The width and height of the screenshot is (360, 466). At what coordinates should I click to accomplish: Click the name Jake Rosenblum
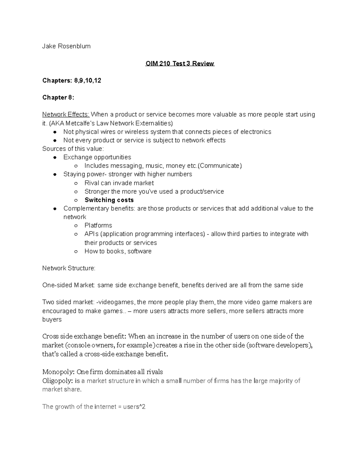(x=66, y=46)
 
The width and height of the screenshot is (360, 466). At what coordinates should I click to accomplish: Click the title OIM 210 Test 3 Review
(x=180, y=64)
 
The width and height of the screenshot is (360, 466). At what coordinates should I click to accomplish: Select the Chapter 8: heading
(x=58, y=98)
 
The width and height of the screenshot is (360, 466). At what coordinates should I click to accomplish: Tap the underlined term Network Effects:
(x=66, y=114)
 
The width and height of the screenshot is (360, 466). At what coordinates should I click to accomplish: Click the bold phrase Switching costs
(x=109, y=200)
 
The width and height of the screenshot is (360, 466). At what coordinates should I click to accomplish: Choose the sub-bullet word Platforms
(x=98, y=225)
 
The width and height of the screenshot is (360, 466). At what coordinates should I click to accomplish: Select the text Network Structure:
(x=69, y=268)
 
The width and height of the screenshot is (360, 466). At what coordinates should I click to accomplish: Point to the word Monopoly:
(x=58, y=372)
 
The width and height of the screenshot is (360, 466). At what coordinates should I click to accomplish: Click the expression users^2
(x=134, y=407)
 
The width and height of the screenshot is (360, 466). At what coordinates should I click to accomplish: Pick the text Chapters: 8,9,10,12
(x=72, y=80)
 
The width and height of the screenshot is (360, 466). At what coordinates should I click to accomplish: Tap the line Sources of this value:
(x=73, y=149)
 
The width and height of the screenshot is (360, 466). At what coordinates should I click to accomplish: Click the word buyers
(x=52, y=320)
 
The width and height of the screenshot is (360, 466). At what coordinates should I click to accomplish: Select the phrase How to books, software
(x=118, y=251)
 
